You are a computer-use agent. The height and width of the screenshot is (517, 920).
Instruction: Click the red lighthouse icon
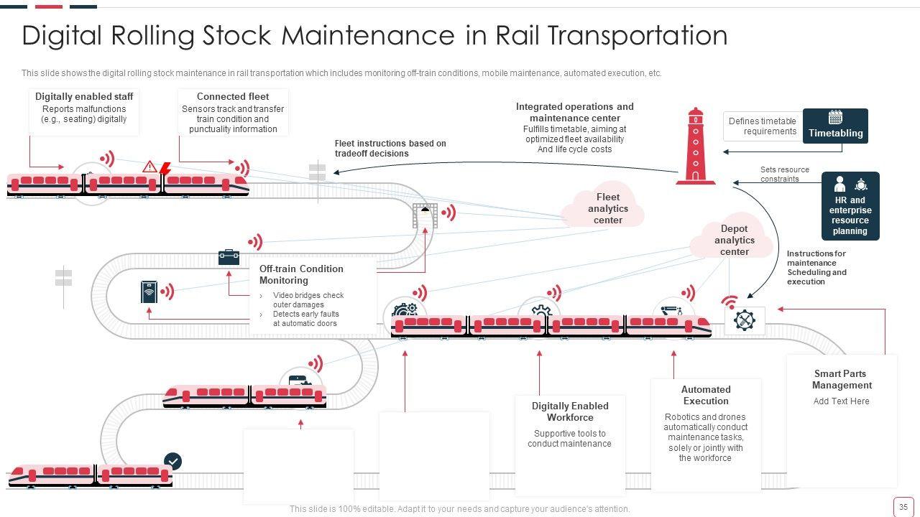pos(695,146)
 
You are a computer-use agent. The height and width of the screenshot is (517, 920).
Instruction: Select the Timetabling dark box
pos(835,126)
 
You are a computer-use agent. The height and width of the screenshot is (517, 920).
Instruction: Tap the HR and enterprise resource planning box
pos(850,206)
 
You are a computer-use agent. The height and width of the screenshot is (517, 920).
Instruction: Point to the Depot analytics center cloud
pos(733,240)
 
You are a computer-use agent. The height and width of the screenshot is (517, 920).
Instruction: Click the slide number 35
pos(903,506)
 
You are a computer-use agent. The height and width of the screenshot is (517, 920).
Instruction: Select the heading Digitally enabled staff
pos(84,96)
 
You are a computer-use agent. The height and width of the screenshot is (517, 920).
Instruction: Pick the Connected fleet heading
pos(233,96)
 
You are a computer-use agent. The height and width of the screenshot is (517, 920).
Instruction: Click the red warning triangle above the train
pos(149,167)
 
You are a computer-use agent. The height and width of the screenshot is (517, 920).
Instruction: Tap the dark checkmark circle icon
pos(173,461)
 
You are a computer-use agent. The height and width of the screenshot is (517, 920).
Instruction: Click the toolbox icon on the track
pos(229,256)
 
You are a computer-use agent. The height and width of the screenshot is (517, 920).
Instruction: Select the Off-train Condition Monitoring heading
pos(301,274)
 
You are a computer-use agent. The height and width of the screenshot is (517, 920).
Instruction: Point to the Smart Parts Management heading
pos(842,379)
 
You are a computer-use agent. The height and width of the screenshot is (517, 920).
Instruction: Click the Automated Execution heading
pos(706,395)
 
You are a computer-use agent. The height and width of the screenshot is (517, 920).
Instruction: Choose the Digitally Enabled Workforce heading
pos(570,411)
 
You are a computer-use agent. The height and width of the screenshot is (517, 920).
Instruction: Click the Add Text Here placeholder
pos(841,401)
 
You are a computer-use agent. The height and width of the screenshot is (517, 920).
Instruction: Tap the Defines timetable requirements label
pos(762,126)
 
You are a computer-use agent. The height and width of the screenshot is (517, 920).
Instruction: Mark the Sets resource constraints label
pos(784,174)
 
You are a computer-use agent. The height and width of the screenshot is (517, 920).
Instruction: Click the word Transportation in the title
pos(612,35)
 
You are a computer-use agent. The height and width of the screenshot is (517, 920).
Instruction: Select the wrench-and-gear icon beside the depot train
pos(745,320)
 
